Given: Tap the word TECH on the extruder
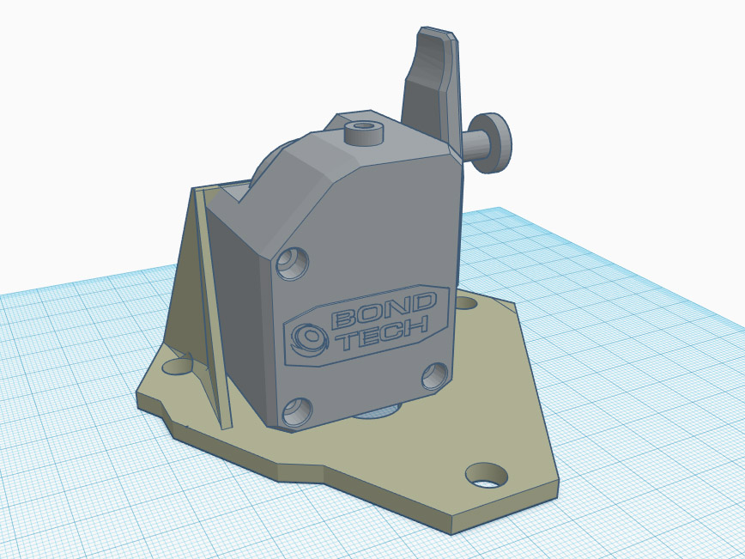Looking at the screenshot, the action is click(x=385, y=334).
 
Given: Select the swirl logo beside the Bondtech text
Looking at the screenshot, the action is click(x=309, y=338).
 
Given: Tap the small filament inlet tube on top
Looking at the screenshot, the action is click(x=363, y=133).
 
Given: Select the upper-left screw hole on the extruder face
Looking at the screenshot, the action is click(x=292, y=263).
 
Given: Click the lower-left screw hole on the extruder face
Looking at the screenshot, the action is click(x=298, y=411).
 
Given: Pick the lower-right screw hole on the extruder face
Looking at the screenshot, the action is click(x=435, y=376).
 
